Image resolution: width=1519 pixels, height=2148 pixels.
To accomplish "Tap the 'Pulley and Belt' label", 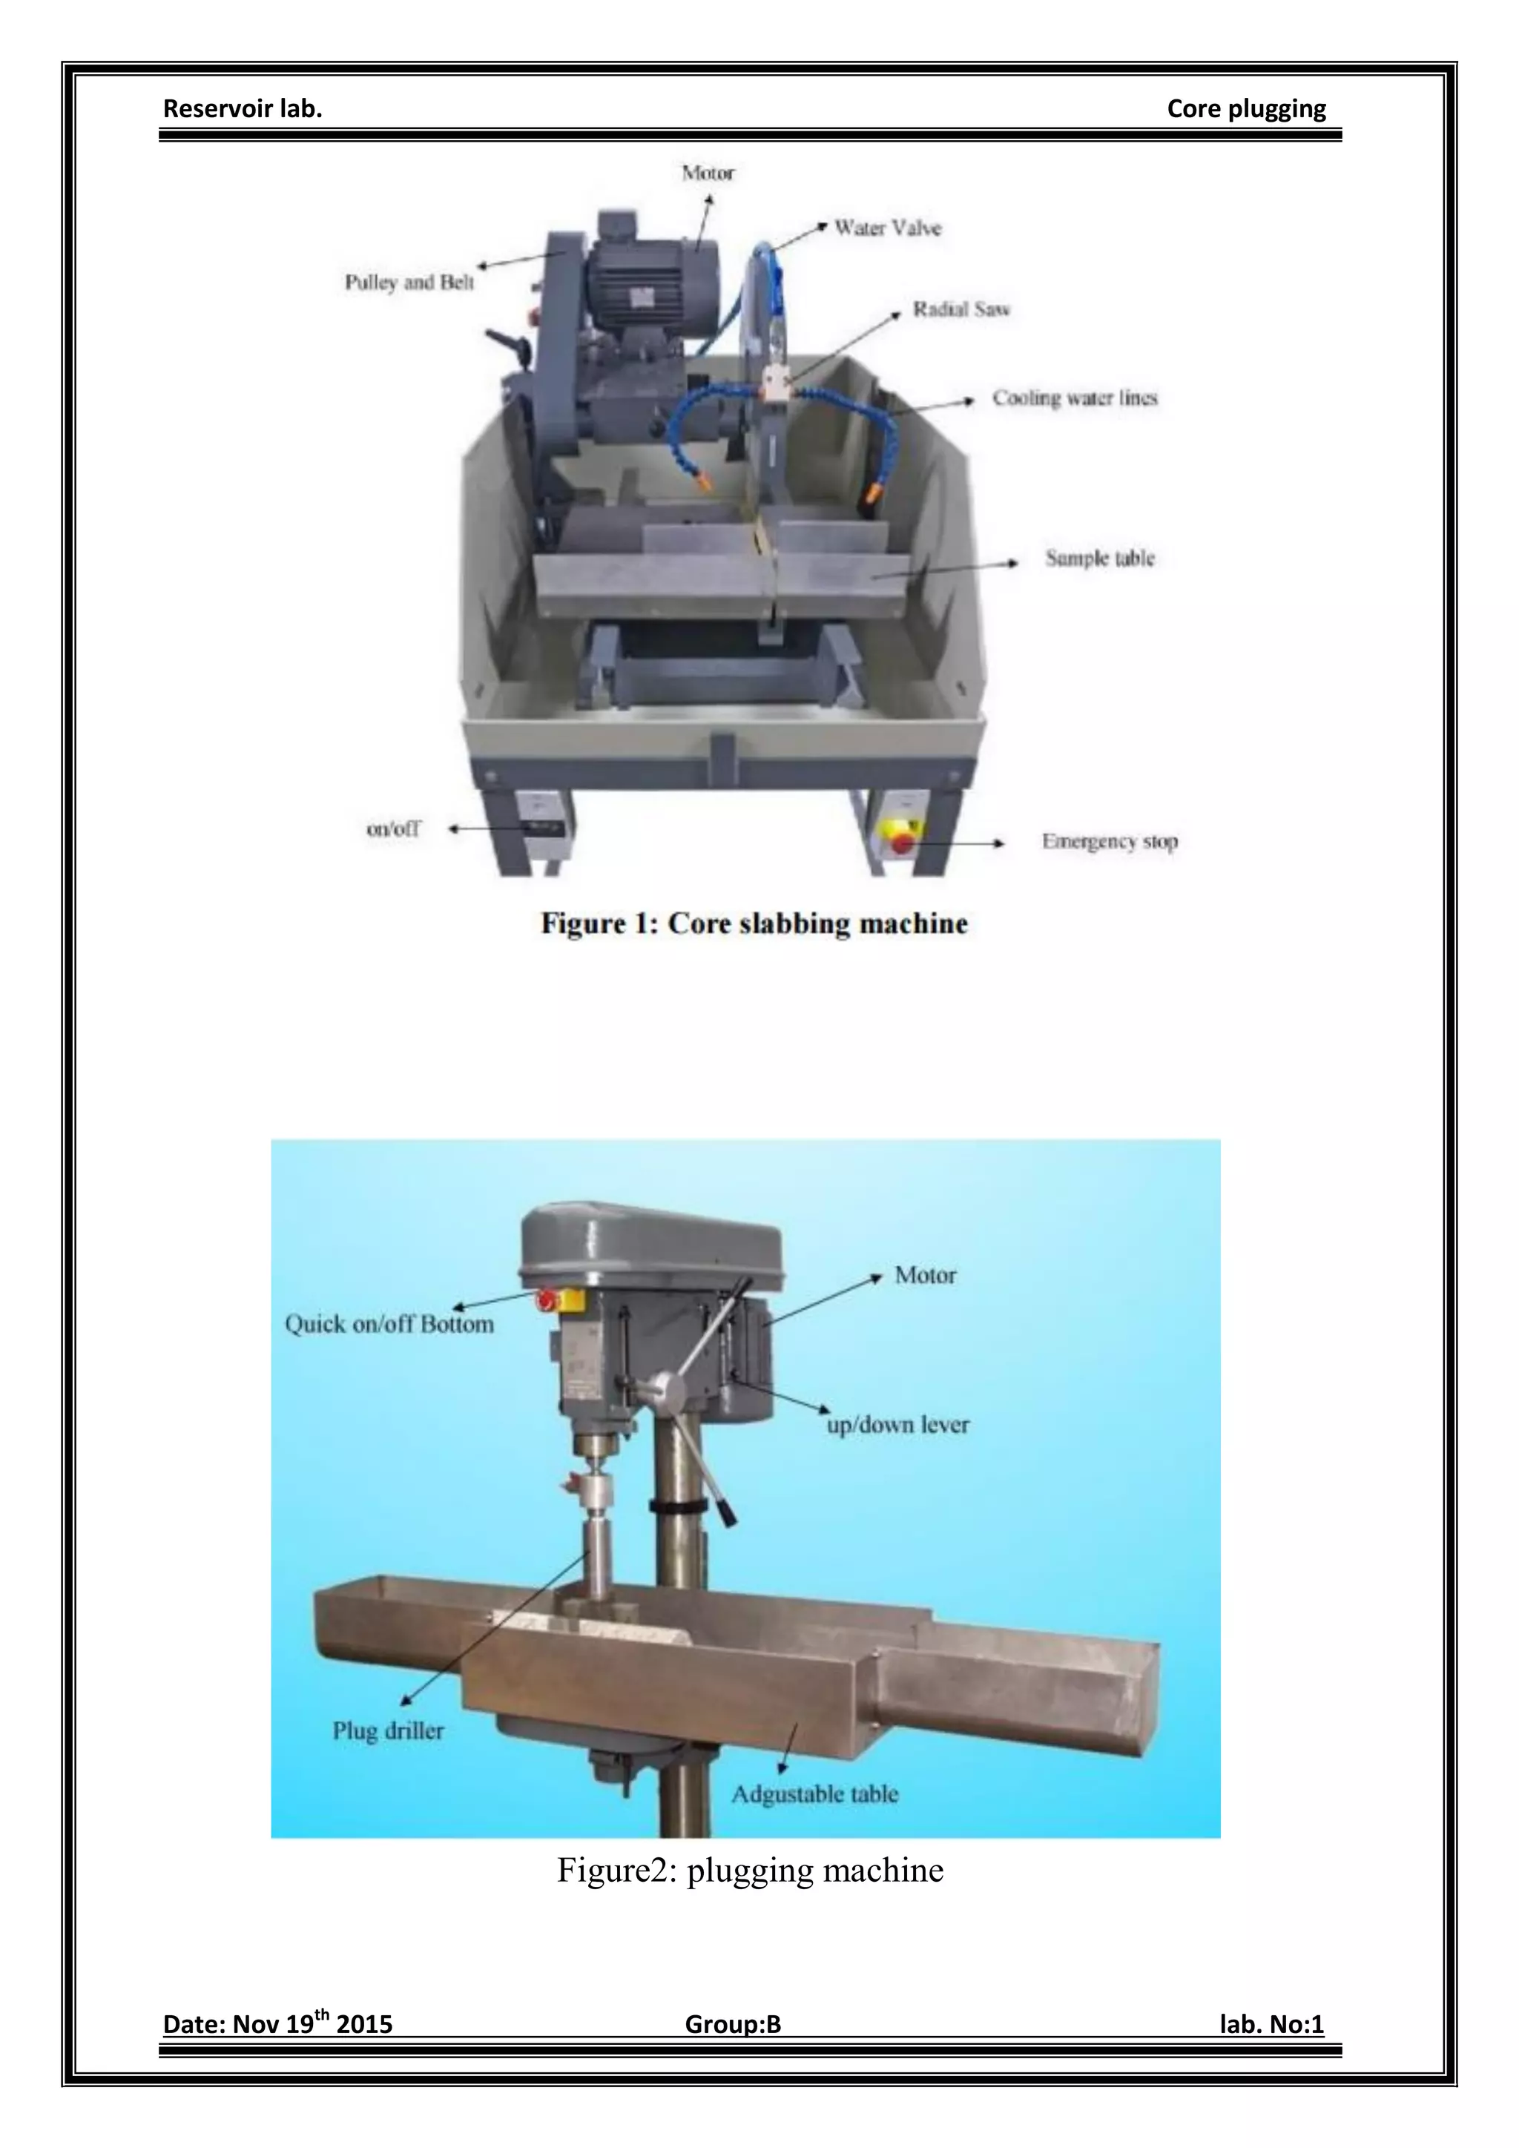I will point(409,282).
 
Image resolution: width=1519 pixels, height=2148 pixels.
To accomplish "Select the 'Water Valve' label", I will point(887,228).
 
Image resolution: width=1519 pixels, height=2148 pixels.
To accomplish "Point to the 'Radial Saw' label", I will point(961,309).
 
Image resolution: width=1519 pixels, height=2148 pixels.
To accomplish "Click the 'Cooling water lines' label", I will point(1075,398).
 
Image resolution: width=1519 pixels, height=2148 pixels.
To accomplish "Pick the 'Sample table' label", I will point(1099,558).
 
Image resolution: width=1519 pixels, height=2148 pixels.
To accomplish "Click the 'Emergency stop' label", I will point(1110,841).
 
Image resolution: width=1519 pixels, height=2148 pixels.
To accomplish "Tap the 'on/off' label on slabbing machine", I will point(393,828).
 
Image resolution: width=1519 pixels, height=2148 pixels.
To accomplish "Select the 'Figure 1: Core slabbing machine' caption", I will point(754,923).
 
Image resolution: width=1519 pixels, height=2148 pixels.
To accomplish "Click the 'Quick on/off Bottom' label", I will point(389,1324).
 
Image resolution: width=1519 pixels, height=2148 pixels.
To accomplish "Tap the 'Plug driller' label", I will point(388,1730).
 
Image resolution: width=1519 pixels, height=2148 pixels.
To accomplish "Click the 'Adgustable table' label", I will point(814,1793).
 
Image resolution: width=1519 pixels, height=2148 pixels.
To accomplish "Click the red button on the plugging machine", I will point(545,1299).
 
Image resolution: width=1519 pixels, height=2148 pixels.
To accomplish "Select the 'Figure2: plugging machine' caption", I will point(750,1869).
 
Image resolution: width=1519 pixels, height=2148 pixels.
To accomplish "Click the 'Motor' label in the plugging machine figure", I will point(925,1275).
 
